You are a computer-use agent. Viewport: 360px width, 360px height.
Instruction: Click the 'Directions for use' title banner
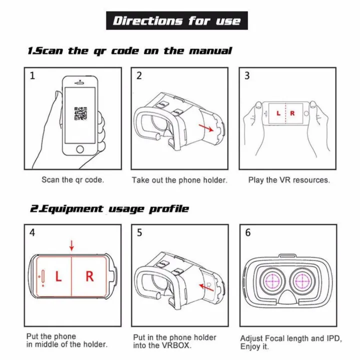coord(176,20)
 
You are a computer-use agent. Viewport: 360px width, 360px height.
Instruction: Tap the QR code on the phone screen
coord(80,113)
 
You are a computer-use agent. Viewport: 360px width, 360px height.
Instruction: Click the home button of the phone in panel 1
coord(79,149)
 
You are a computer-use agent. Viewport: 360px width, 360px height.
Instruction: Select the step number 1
coord(32,76)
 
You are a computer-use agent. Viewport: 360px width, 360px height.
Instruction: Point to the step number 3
coord(247,76)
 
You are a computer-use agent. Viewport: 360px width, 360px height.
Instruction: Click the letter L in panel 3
coord(278,113)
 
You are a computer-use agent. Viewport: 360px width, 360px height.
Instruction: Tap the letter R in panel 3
coord(292,113)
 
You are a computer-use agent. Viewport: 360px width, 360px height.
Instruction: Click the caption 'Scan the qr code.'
coord(72,179)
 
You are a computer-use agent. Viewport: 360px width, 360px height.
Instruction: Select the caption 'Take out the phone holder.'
coord(179,180)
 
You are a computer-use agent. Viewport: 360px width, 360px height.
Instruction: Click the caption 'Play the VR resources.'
coord(289,180)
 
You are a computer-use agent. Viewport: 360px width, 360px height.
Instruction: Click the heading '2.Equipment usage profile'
coord(108,208)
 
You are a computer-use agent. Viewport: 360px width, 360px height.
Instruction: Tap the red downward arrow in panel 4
coord(71,245)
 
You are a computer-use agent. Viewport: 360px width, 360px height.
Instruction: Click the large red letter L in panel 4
coord(58,276)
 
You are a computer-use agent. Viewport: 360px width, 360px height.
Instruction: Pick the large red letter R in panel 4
coord(89,276)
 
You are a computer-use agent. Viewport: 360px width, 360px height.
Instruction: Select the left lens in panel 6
coord(273,281)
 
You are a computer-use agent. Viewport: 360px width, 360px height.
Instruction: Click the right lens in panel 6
coord(303,281)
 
